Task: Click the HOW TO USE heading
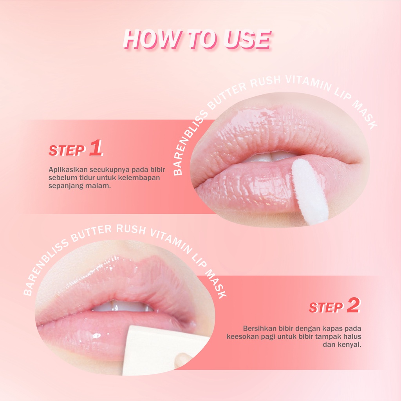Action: [x=197, y=39]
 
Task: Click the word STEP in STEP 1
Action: [x=67, y=150]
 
